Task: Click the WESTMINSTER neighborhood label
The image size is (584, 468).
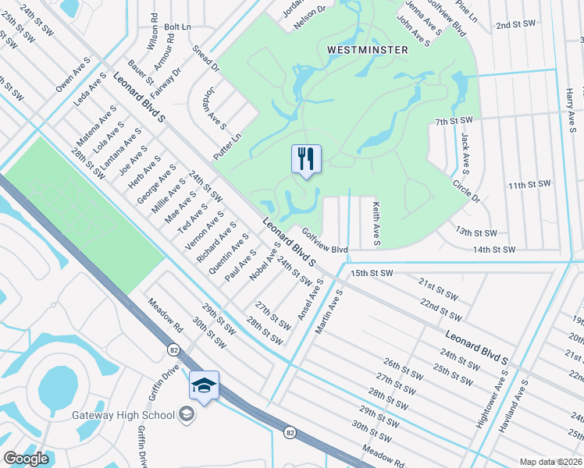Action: tap(367, 49)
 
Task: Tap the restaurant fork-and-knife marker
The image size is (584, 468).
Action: tap(306, 159)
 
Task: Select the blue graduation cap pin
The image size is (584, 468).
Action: tap(204, 386)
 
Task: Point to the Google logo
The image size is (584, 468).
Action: tap(27, 459)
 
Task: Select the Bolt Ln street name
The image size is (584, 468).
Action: tap(178, 27)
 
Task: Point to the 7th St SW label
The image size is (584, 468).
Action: tap(454, 121)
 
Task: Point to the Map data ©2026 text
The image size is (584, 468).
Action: tap(550, 462)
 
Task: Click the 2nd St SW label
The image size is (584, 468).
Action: tap(513, 25)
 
